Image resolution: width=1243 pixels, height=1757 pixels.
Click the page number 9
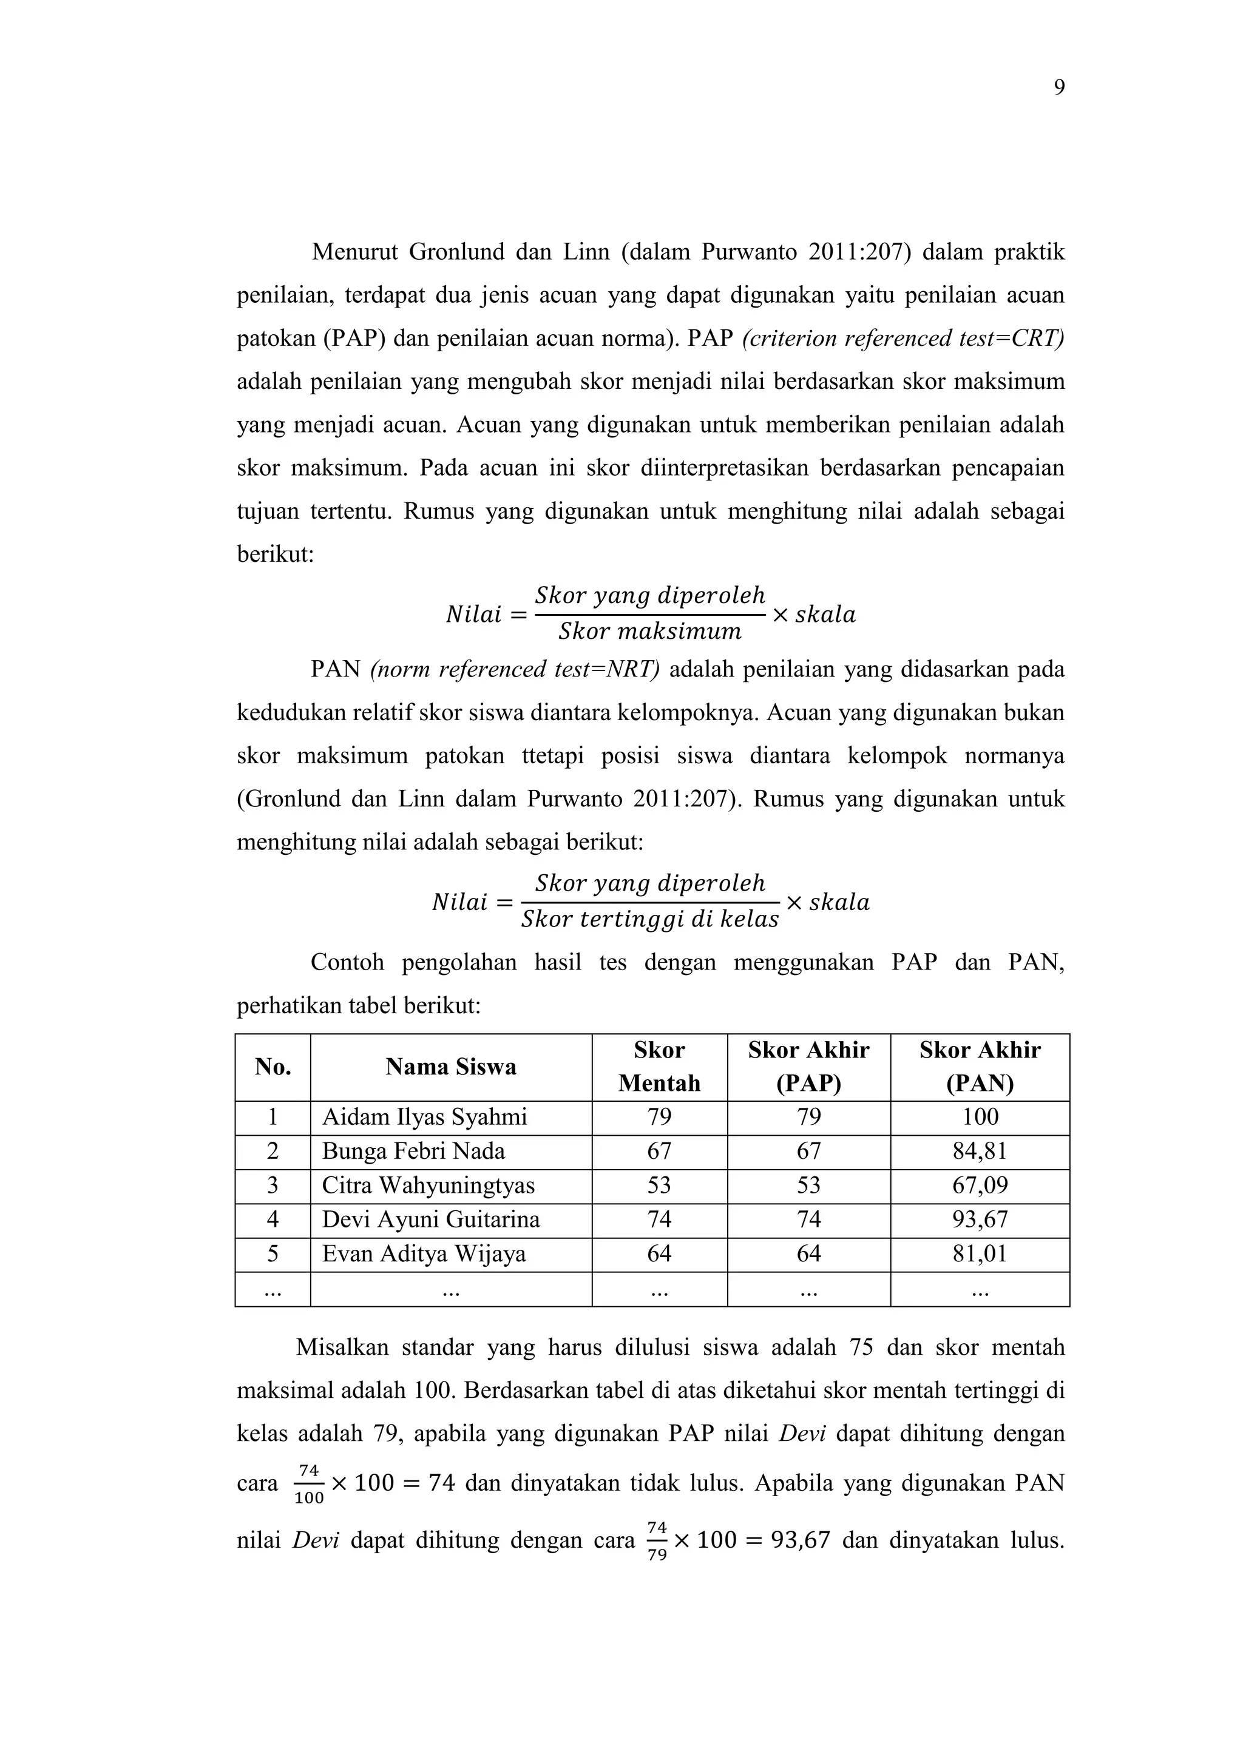(x=1058, y=88)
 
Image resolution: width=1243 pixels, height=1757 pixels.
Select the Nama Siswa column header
(x=451, y=1067)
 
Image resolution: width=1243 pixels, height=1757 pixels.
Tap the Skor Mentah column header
(x=659, y=1067)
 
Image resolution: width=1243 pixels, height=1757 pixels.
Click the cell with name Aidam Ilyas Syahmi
(x=425, y=1118)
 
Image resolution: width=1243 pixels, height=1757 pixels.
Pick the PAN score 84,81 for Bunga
(x=980, y=1151)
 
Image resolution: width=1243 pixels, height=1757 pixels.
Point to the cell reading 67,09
(x=980, y=1185)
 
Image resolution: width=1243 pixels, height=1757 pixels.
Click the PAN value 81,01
(x=980, y=1253)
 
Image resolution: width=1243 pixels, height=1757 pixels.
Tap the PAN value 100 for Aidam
(x=980, y=1118)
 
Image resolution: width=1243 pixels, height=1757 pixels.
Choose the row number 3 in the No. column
(x=273, y=1185)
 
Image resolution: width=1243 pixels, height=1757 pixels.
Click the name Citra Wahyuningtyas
(x=428, y=1185)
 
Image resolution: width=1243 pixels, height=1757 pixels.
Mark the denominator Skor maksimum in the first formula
(x=650, y=632)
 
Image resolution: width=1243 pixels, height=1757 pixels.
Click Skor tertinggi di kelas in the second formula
(x=650, y=920)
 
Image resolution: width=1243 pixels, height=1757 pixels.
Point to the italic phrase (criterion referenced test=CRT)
(x=903, y=339)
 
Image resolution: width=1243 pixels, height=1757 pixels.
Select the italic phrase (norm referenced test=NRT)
(x=514, y=670)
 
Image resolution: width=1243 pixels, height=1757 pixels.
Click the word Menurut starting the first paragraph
(x=354, y=252)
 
